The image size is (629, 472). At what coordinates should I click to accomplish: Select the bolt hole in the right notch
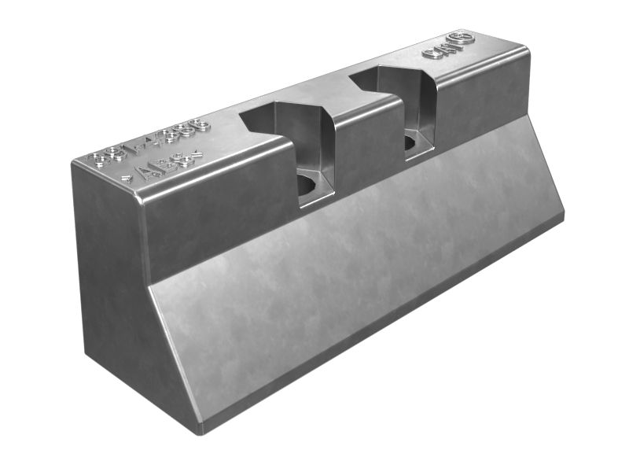pos(410,143)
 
